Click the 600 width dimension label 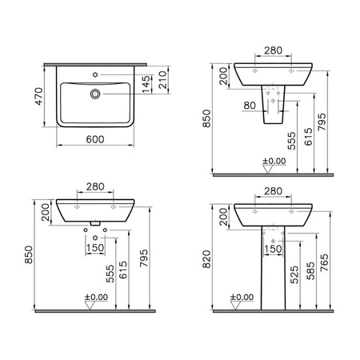95,139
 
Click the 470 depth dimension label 39,96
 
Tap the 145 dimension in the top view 146,84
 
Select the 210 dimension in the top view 162,80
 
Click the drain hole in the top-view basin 95,94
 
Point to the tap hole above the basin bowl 95,74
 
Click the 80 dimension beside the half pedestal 250,106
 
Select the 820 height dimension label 207,259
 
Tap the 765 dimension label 325,262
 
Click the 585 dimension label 310,270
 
